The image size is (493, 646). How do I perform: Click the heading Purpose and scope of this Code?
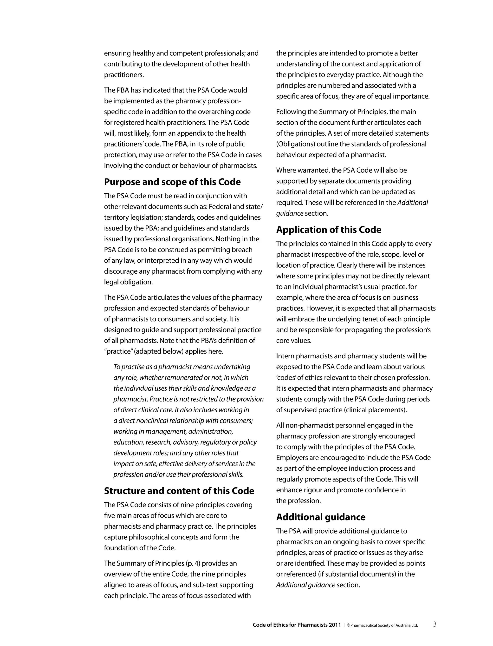coord(172,182)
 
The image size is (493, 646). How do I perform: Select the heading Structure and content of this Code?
coord(179,491)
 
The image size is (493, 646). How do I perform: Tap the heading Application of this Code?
coord(328,230)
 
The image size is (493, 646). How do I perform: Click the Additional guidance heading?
coord(320,517)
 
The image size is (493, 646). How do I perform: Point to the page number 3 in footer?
coord(435,624)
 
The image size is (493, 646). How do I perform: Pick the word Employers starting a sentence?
coord(292,458)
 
